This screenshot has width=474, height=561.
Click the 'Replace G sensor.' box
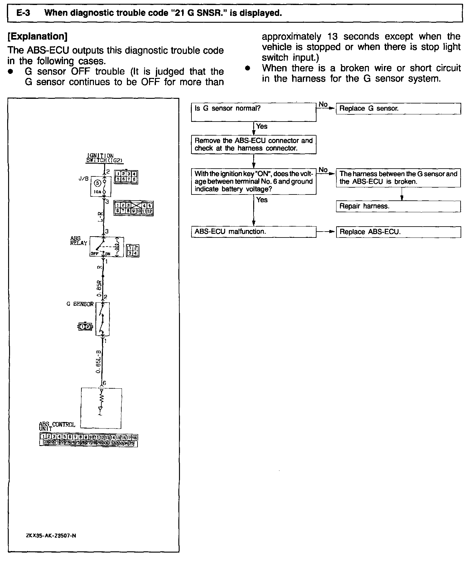(x=398, y=109)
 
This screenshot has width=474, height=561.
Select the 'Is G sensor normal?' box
(x=253, y=112)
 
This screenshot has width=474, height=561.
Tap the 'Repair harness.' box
(x=398, y=206)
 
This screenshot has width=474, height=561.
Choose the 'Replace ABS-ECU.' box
(x=398, y=232)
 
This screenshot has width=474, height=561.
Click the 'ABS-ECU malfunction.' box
(x=253, y=232)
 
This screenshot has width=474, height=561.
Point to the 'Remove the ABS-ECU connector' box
(x=253, y=144)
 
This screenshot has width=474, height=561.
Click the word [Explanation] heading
(x=37, y=36)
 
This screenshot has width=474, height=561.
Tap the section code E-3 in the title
(x=23, y=13)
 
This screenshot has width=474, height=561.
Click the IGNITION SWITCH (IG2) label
(x=104, y=158)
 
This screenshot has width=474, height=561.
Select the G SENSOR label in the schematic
(x=80, y=304)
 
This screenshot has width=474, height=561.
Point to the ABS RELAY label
(x=78, y=241)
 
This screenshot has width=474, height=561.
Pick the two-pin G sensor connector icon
(x=85, y=327)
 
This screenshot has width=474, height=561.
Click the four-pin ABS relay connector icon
(x=133, y=251)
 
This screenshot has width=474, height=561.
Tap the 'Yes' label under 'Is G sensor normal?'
(x=261, y=126)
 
